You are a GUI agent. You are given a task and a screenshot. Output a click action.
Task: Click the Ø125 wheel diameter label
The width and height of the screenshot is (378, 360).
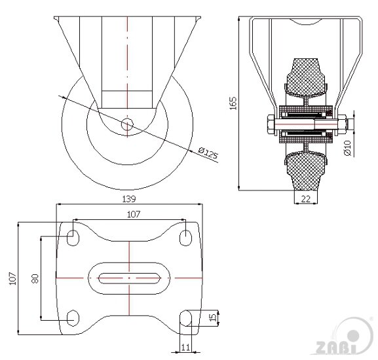208,153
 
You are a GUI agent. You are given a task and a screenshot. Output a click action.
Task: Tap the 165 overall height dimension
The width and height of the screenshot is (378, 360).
233,103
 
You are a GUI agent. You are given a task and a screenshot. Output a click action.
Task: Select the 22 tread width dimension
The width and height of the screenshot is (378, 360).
306,199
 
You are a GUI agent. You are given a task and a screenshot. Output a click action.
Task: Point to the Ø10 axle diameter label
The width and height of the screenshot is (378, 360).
347,148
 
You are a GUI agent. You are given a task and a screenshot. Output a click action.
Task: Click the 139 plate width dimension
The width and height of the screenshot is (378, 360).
129,199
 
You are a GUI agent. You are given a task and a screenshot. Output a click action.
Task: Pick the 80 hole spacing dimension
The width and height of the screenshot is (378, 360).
35,279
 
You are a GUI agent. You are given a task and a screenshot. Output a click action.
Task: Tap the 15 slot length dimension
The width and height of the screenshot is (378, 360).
213,317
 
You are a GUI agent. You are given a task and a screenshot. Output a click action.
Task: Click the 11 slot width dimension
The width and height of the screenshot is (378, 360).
185,348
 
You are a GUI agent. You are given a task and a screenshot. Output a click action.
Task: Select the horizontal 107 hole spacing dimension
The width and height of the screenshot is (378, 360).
134,214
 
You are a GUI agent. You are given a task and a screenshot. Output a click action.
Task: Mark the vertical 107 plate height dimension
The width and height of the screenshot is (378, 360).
12,279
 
